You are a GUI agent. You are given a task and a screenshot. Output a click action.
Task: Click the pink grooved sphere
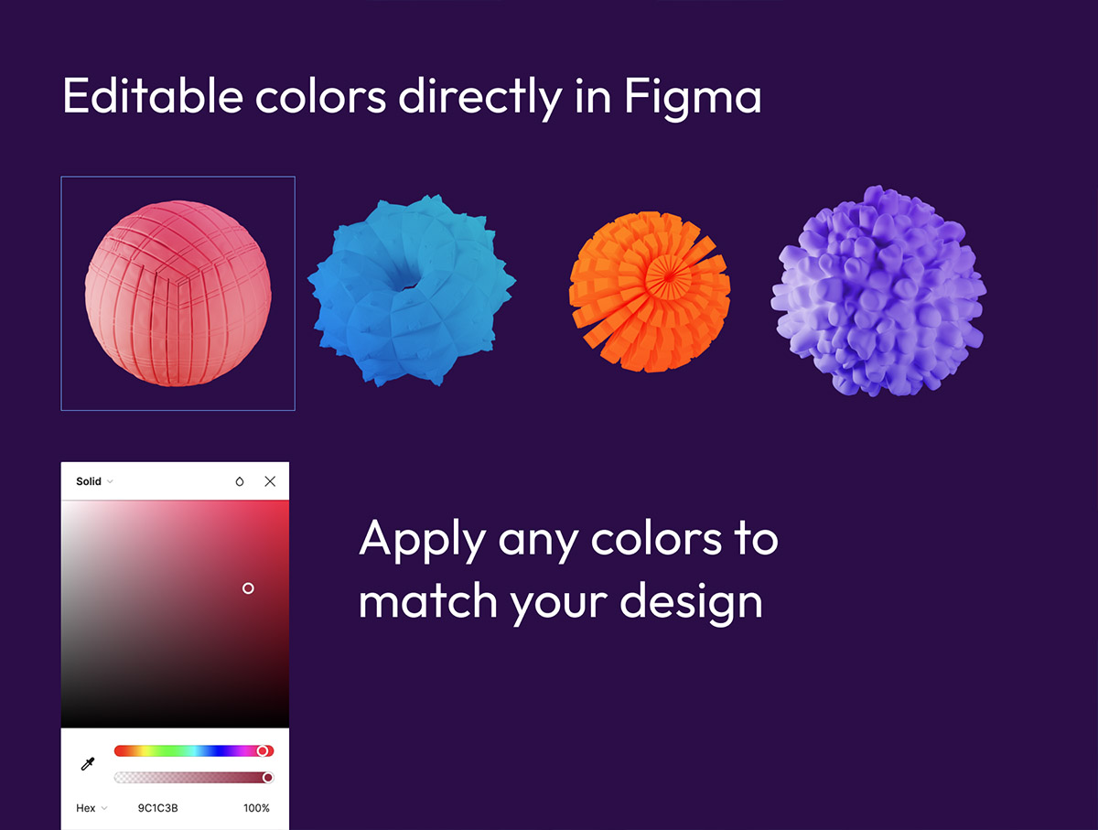(x=178, y=294)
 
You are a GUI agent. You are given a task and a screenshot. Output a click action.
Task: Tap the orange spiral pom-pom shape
(x=650, y=292)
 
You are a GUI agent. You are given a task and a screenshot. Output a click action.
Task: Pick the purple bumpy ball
(x=878, y=291)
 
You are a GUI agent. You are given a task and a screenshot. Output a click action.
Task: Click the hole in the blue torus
(x=406, y=283)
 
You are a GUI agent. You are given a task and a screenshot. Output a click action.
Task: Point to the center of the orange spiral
(x=668, y=276)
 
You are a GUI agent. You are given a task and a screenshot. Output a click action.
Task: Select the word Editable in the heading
(x=153, y=95)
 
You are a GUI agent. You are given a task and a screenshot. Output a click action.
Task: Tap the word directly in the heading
(x=480, y=99)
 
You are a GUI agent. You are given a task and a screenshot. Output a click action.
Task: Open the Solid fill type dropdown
(x=94, y=481)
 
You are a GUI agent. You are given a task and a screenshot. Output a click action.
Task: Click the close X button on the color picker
(x=270, y=481)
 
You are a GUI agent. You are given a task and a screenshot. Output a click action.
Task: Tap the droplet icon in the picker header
(x=240, y=481)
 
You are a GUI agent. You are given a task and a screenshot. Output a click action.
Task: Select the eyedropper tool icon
(x=88, y=764)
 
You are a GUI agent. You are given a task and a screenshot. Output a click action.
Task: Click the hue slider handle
(x=262, y=751)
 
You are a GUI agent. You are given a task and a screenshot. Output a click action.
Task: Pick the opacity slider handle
(x=268, y=778)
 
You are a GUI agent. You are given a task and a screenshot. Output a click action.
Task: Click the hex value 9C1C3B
(x=158, y=808)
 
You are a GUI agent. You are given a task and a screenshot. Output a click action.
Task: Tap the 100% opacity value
(x=256, y=808)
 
